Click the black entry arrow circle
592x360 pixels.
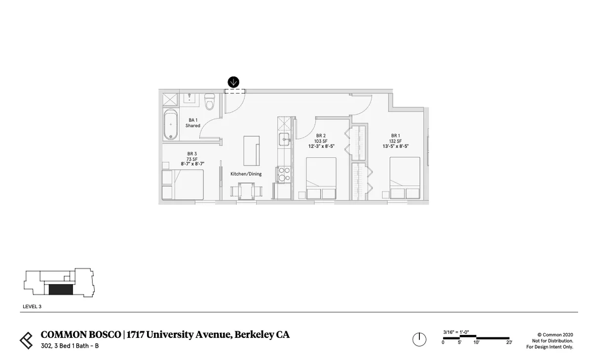coord(233,82)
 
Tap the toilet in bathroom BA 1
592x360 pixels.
coord(210,102)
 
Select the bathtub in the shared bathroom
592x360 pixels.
coord(171,125)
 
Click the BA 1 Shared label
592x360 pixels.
coord(193,123)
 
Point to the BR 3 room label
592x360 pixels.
coord(192,154)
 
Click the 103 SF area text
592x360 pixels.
coord(321,141)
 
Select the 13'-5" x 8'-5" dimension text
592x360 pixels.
coord(396,146)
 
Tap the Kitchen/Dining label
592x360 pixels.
coord(246,174)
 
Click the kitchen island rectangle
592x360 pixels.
coord(252,150)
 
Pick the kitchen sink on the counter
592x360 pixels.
coord(285,139)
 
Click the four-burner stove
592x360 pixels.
coord(284,174)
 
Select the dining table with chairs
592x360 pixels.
coord(246,191)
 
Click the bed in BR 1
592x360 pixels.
coord(405,178)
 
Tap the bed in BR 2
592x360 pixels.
coord(321,179)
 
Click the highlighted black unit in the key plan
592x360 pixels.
coord(61,289)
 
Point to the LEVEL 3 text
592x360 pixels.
coord(32,306)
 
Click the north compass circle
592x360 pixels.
coord(419,339)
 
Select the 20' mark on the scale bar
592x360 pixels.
coord(509,342)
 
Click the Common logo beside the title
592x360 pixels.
coord(27,340)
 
